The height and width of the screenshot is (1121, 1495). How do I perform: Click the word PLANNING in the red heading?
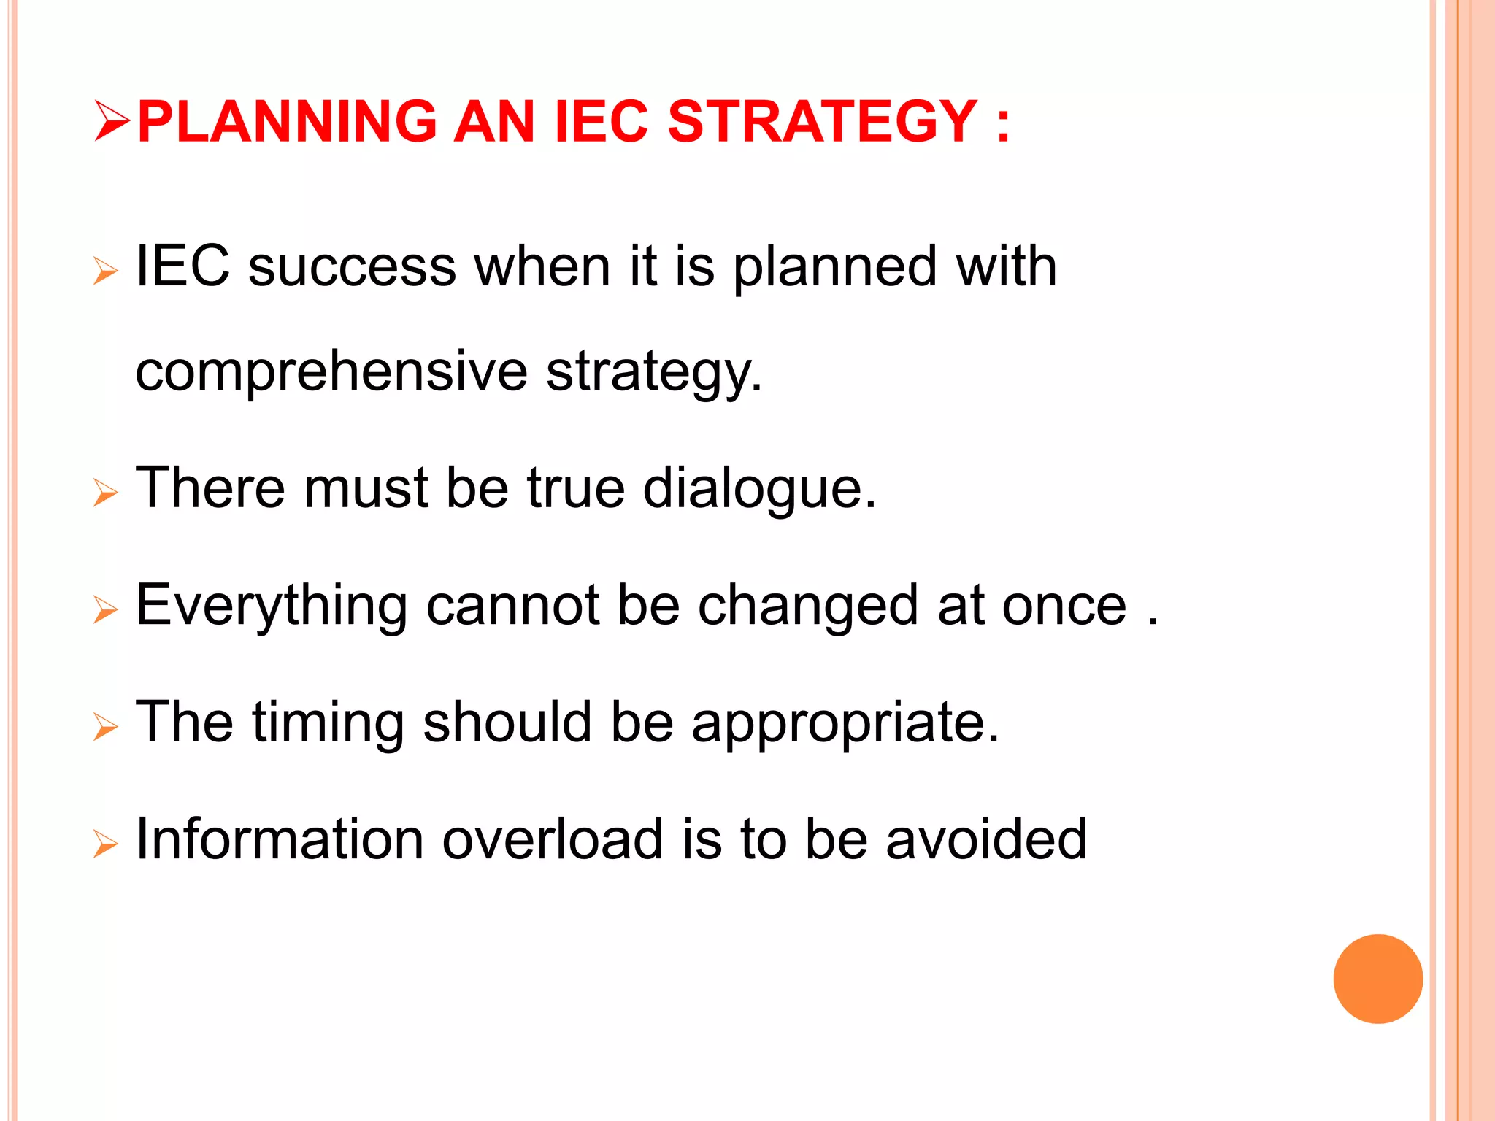pos(287,121)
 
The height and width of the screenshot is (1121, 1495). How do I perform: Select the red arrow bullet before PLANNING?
pos(112,122)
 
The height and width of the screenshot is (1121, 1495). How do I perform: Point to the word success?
pos(352,267)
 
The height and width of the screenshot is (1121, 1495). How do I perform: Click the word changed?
pos(808,606)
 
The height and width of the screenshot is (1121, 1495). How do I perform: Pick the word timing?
pos(328,723)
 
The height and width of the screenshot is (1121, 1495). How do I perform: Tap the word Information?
pos(280,839)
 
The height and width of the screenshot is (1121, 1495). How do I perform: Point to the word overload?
pos(553,839)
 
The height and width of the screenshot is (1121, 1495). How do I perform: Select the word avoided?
pos(986,839)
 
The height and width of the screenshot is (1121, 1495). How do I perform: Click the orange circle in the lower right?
pos(1377,979)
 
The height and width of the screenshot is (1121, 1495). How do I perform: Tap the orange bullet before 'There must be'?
pos(106,493)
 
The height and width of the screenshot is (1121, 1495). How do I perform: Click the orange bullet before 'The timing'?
pos(106,727)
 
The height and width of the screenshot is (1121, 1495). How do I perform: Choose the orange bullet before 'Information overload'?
pos(106,844)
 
